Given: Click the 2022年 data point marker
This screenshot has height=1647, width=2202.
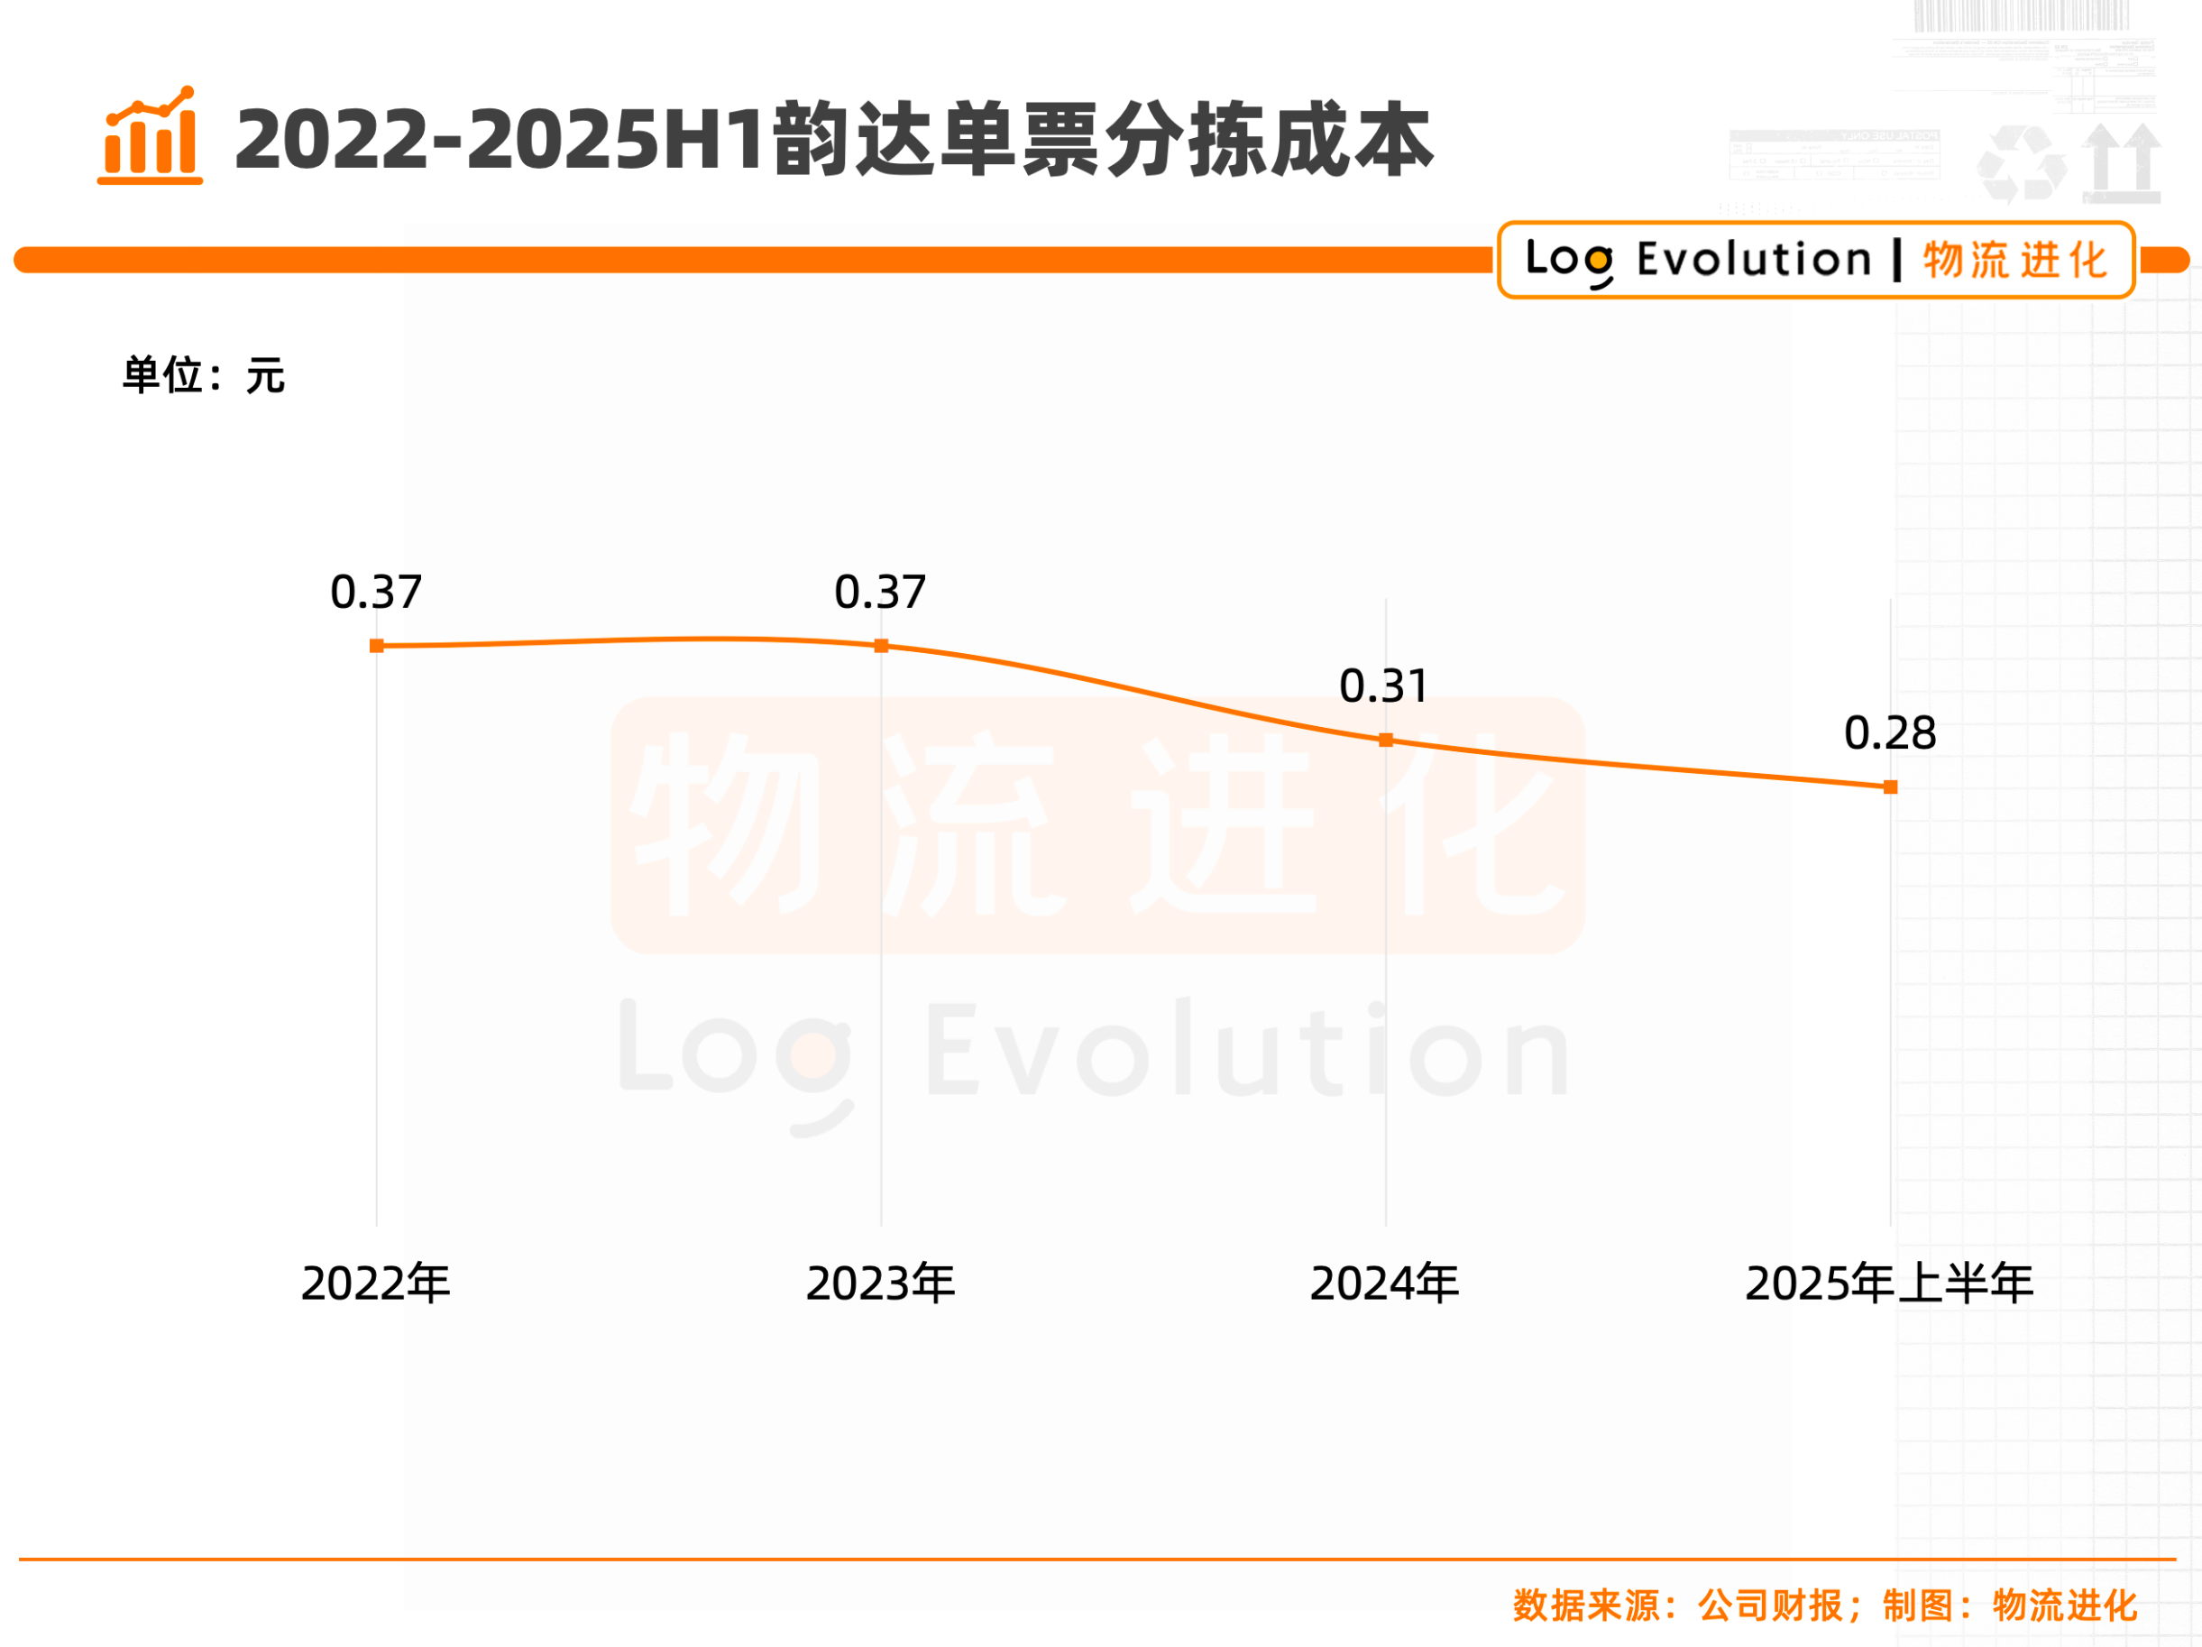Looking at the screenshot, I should (x=376, y=646).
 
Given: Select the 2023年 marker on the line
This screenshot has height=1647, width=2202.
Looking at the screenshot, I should (x=881, y=646).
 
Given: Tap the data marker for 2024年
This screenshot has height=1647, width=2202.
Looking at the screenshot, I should (x=1386, y=740).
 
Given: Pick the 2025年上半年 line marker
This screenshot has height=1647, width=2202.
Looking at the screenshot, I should (x=1890, y=787).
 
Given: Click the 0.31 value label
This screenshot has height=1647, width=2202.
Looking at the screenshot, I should (x=1384, y=686).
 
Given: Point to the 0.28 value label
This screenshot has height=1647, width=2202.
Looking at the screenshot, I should (x=1889, y=734).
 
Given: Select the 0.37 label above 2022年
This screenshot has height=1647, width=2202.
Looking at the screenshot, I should (x=376, y=593).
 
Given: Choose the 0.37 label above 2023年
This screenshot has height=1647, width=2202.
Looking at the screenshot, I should (x=880, y=593).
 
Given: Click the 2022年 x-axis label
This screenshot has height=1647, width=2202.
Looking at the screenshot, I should (x=376, y=1283).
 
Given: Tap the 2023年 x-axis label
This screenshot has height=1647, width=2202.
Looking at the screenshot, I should (x=881, y=1283).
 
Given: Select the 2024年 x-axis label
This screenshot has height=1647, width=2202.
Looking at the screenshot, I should (x=1385, y=1283).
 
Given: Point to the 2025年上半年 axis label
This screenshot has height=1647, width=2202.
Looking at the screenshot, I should (x=1889, y=1283).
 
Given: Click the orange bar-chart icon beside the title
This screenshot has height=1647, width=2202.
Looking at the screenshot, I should (x=151, y=136).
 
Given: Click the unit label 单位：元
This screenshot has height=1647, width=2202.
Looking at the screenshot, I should (x=204, y=375).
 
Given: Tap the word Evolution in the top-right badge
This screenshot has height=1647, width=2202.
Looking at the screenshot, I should (x=1754, y=260).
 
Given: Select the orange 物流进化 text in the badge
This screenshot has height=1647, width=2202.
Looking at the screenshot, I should (x=2016, y=261).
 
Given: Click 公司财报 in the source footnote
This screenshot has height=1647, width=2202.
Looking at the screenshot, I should (x=1771, y=1606).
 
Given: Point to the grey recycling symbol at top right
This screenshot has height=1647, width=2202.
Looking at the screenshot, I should (x=2021, y=162).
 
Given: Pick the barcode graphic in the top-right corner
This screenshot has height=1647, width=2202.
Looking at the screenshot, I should (x=2021, y=16).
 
